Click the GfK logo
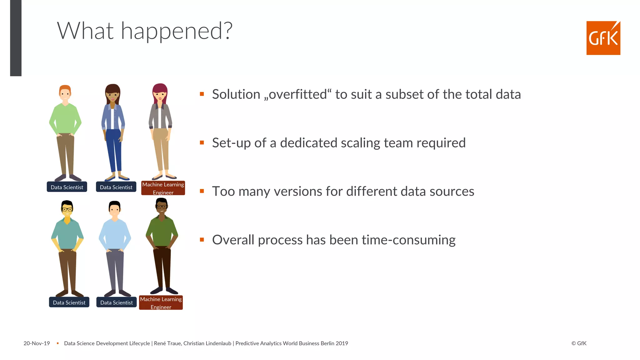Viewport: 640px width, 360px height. coord(603,38)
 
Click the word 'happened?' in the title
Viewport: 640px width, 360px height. coord(177,31)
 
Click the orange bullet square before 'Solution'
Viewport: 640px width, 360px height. coord(202,94)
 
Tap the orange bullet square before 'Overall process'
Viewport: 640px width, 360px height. coord(202,240)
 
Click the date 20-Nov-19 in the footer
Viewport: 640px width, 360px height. coord(37,343)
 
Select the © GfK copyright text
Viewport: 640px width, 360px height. coord(579,343)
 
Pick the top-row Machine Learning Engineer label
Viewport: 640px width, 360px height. coord(163,188)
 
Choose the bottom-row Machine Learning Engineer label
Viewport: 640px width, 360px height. coord(161,303)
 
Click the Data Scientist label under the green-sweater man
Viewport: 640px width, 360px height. coord(67,187)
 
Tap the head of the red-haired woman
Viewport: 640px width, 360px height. coord(160,92)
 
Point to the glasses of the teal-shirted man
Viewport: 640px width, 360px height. coord(67,209)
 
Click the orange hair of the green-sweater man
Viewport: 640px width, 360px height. coord(65,88)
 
